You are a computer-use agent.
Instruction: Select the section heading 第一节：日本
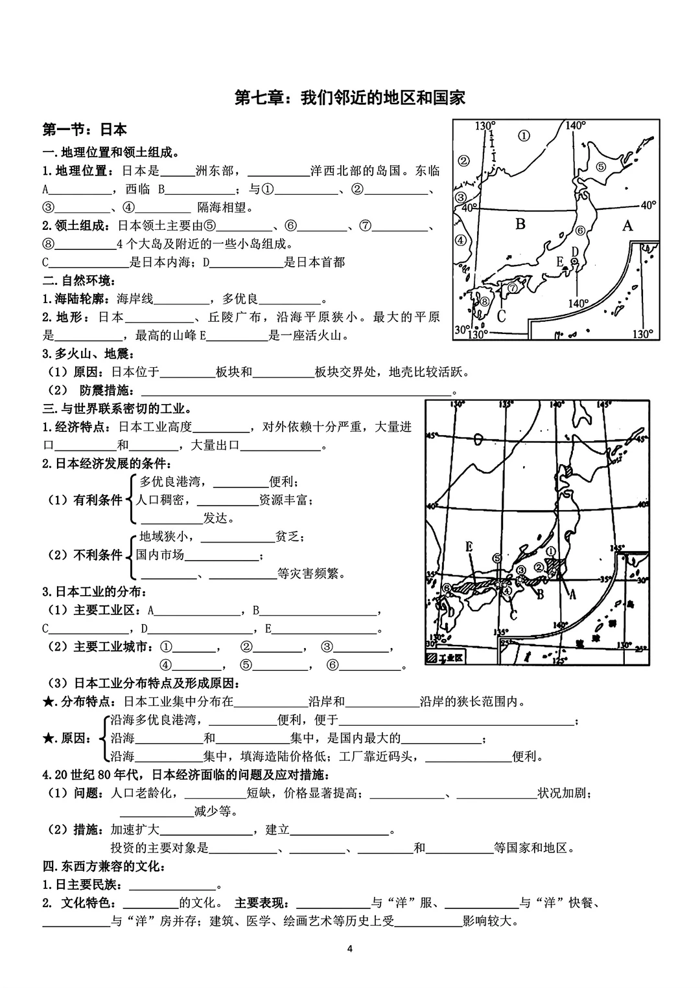click(84, 129)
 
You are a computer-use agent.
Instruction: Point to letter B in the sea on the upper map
click(520, 224)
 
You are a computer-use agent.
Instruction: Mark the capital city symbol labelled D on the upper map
click(574, 261)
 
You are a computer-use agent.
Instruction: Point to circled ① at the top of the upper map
click(524, 135)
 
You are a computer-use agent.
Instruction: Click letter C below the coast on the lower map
click(513, 614)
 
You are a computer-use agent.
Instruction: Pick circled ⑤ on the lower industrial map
click(497, 557)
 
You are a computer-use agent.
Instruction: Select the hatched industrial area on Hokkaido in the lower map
click(568, 471)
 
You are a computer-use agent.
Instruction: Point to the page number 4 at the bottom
click(350, 949)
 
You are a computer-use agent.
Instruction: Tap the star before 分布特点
click(47, 702)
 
